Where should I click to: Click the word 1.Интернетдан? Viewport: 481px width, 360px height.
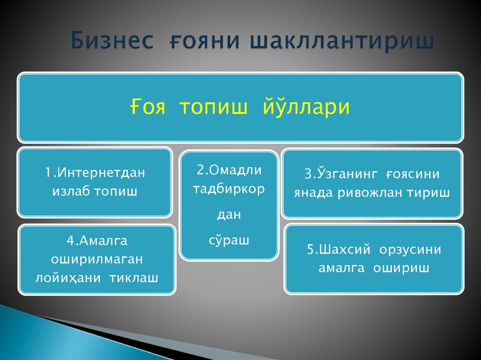pyautogui.click(x=95, y=173)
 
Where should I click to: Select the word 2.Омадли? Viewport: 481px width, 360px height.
pyautogui.click(x=229, y=170)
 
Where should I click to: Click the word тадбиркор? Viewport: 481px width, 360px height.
pyautogui.click(x=229, y=189)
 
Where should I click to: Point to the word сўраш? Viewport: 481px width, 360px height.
pyautogui.click(x=229, y=240)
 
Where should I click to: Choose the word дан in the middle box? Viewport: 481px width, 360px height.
pyautogui.click(x=229, y=215)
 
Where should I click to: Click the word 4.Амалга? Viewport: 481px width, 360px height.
pyautogui.click(x=97, y=241)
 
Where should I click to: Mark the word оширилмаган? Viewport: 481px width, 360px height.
pyautogui.click(x=97, y=259)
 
